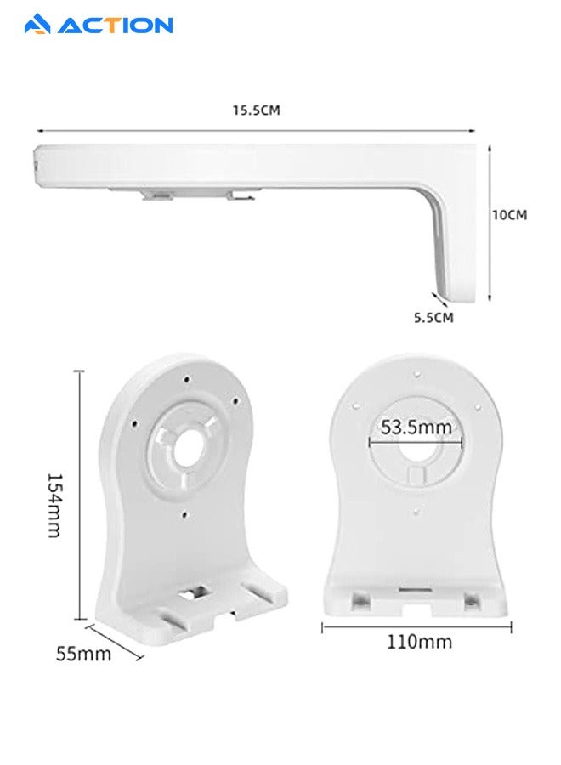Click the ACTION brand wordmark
click(x=115, y=25)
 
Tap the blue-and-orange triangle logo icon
click(x=37, y=25)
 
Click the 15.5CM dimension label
click(x=256, y=110)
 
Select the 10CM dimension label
click(x=510, y=215)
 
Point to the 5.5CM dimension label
click(x=433, y=318)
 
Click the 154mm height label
click(x=54, y=505)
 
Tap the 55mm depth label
click(x=83, y=654)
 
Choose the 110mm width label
click(x=419, y=642)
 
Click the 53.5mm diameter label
click(x=416, y=428)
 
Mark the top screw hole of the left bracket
click(x=187, y=378)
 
